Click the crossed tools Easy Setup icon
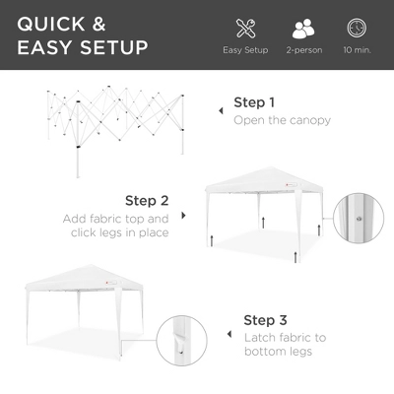245,27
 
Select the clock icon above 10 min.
357,27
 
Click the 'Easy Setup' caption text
245,49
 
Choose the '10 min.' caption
357,49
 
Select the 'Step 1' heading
255,102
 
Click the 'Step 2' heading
146,198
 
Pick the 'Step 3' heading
266,321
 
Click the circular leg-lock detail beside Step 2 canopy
360,219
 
